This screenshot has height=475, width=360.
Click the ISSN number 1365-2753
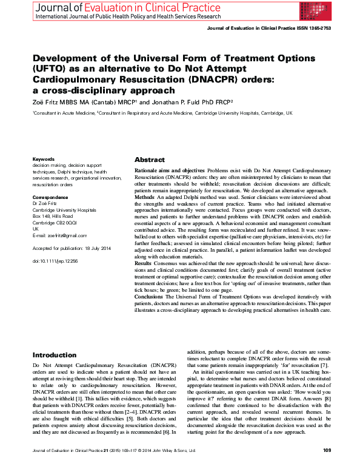tap(318, 29)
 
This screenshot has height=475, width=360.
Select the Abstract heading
tap(150, 160)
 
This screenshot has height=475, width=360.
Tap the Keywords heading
tap(43, 160)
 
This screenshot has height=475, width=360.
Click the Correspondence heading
tap(50, 197)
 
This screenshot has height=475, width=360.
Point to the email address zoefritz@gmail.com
tap(66, 235)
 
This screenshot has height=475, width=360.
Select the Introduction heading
tap(55, 355)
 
